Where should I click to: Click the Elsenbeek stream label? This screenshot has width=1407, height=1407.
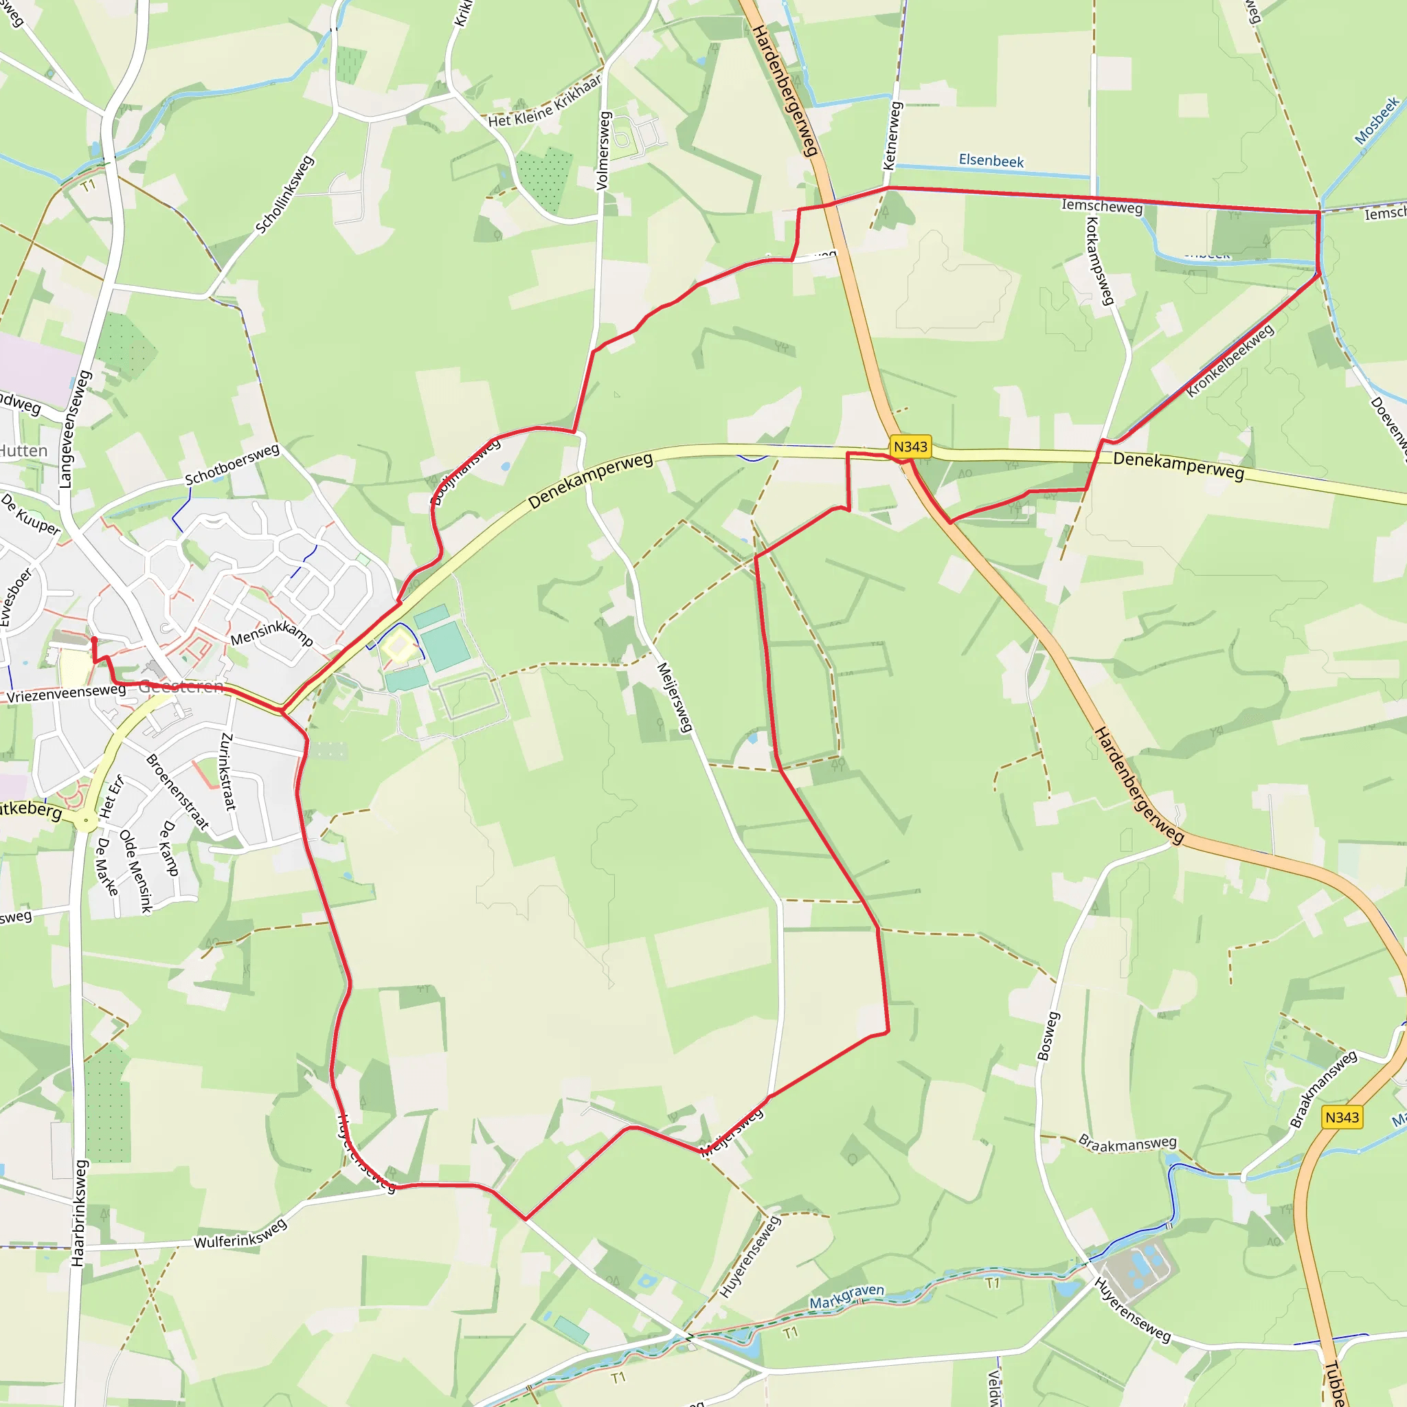click(x=991, y=160)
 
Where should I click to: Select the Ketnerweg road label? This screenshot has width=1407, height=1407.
click(x=892, y=136)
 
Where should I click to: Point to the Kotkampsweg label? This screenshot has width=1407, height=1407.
click(x=1100, y=260)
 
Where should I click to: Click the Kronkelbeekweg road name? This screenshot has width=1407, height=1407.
click(x=1230, y=361)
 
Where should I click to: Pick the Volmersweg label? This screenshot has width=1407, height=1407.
click(x=603, y=150)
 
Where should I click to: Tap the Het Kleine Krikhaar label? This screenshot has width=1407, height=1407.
click(x=545, y=102)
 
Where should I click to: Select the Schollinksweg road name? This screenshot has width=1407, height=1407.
click(x=284, y=194)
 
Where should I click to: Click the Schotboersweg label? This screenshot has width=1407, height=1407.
click(x=232, y=464)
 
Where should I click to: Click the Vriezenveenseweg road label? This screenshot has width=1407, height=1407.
click(x=66, y=693)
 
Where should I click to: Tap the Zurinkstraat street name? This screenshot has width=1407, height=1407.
click(x=228, y=772)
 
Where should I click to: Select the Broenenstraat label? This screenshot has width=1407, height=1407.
click(x=178, y=791)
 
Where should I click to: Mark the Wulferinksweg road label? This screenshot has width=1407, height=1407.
click(x=240, y=1234)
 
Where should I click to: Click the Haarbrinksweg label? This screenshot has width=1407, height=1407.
click(x=78, y=1213)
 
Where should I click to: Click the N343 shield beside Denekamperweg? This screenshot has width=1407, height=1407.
click(x=910, y=447)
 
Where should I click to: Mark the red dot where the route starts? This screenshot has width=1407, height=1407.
click(x=94, y=640)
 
